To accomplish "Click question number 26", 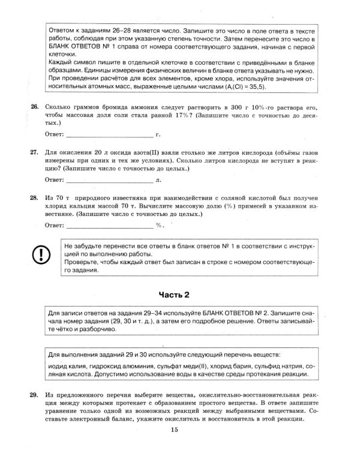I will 34,107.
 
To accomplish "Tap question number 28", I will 34,197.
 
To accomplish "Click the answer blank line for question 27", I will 109,181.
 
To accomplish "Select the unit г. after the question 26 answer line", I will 158,134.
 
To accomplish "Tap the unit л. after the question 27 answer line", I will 158,179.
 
